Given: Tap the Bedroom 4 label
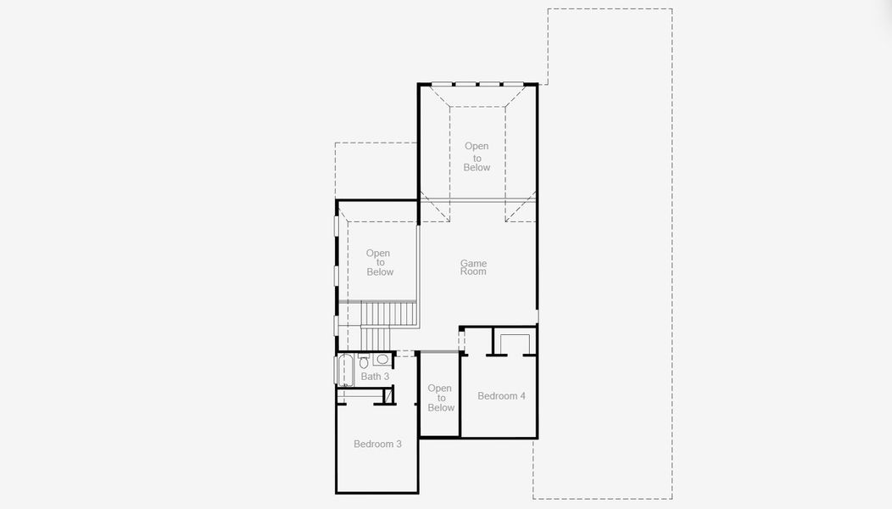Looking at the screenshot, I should (501, 396).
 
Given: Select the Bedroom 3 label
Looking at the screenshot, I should (377, 444).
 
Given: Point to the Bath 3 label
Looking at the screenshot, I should (375, 377).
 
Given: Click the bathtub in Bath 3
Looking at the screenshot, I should (345, 370).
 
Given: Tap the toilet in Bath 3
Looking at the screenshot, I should (364, 362).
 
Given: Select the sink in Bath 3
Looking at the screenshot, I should (382, 360).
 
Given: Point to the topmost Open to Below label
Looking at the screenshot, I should (477, 157).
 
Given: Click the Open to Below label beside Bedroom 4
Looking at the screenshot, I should (440, 398).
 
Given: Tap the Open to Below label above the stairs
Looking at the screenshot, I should (379, 262).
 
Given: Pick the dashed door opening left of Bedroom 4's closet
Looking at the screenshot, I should (462, 340).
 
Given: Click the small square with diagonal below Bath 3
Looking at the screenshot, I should (390, 396).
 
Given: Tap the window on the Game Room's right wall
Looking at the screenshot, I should (538, 316).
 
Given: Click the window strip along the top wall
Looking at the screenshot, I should (478, 83).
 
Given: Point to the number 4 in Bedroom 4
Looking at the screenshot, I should (522, 396).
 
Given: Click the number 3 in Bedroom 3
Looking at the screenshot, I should (399, 444).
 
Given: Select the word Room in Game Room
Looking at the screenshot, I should (473, 271).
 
